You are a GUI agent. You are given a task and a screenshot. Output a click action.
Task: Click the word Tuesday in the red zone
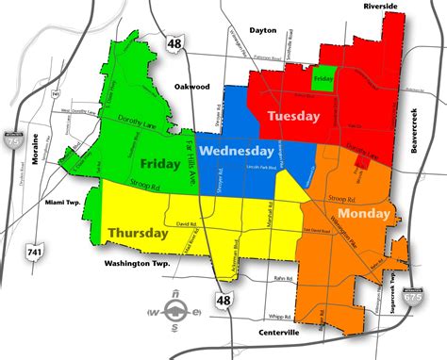(x=294, y=116)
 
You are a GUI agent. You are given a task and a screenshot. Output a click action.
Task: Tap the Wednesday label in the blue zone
(x=237, y=151)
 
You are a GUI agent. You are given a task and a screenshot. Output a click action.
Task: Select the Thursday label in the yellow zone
(x=139, y=232)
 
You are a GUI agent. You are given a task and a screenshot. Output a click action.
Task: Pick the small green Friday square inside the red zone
(x=323, y=80)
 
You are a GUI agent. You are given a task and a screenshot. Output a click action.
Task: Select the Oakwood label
(x=191, y=85)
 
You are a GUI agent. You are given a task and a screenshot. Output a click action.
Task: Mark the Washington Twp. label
(x=137, y=264)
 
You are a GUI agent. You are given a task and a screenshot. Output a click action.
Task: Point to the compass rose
(x=174, y=311)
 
